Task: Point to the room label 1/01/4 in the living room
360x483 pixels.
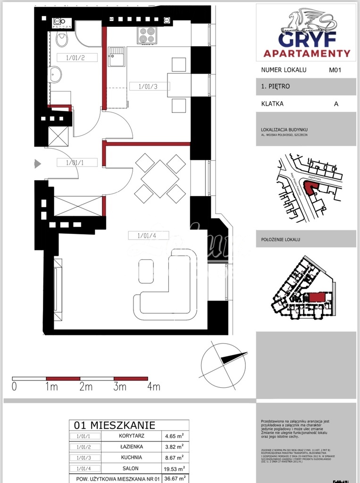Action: click(147, 235)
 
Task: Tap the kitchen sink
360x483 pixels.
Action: click(116, 57)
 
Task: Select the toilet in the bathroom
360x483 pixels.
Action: click(62, 39)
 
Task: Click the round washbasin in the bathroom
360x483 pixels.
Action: click(56, 74)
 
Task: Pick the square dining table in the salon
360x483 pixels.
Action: click(160, 178)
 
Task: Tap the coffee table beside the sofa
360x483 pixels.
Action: click(146, 271)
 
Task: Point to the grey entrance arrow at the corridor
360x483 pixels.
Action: click(38, 164)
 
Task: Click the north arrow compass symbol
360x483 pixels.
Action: click(225, 362)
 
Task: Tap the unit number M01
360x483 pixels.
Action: click(335, 70)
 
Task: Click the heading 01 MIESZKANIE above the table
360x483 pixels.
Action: click(113, 425)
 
